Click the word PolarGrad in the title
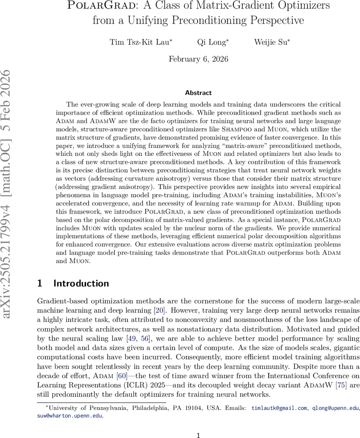pyautogui.click(x=91, y=5)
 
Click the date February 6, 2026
pyautogui.click(x=198, y=59)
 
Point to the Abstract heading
pyautogui.click(x=198, y=93)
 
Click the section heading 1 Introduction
pyautogui.click(x=73, y=284)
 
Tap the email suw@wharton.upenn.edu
pyautogui.click(x=70, y=415)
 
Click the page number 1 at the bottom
pyautogui.click(x=198, y=435)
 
